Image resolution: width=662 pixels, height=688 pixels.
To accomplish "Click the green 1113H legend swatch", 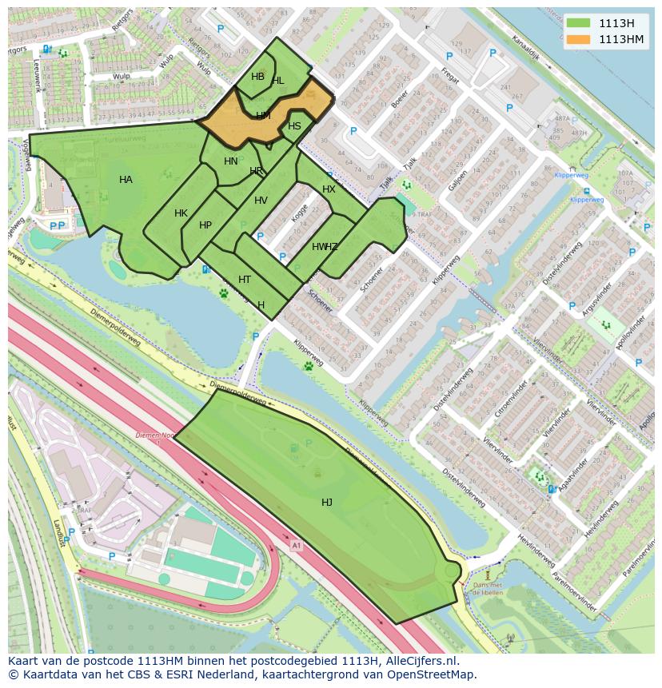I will point(578,23).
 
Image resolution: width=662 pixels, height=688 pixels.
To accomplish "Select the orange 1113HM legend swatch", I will point(578,39).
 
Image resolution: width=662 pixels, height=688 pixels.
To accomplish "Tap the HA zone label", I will point(126,180).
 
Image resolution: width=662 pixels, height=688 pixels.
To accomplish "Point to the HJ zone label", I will point(327,502).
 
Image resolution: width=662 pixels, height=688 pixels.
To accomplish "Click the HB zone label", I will point(257,77).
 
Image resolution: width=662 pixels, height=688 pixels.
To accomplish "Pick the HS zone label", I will point(294,126).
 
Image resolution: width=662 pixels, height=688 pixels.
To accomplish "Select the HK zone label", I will point(181,213).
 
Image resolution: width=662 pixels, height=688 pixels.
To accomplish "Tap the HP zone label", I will point(205,225).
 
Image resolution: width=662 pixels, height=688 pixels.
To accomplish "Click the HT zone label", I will point(245,280).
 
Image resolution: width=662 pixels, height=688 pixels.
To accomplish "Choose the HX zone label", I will point(329,189).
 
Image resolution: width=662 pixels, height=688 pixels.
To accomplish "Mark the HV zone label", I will point(261,201).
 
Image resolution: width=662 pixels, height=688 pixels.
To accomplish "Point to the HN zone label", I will point(230,161).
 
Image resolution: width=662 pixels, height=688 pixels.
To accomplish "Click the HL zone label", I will point(277,81).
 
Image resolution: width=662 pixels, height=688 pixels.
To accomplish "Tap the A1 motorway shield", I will point(297,546).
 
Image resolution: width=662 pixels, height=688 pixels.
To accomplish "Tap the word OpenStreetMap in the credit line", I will point(433,674).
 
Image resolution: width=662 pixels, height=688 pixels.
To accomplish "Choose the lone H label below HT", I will point(261,305).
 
